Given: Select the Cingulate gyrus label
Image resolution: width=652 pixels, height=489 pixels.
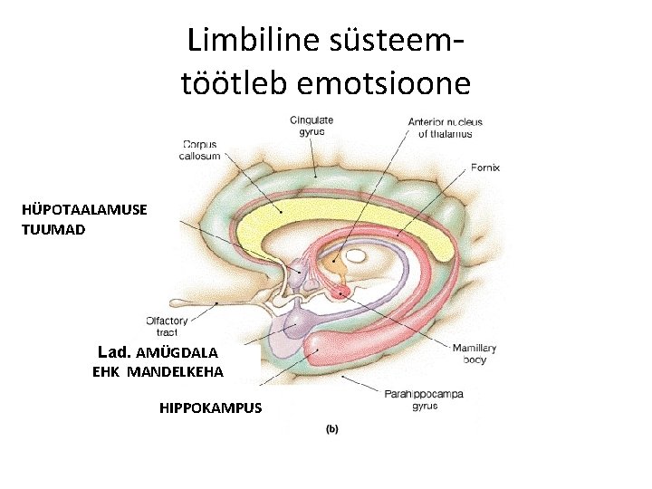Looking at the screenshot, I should [x=312, y=126].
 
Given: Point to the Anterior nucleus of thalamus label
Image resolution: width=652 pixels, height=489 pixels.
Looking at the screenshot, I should [x=445, y=128].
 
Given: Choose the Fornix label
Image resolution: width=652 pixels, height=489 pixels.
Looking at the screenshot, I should [x=485, y=167].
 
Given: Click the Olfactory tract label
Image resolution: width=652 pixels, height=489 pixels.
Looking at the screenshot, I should [x=167, y=326].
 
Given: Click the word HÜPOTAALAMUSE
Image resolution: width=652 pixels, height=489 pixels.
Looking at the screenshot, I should [x=84, y=209].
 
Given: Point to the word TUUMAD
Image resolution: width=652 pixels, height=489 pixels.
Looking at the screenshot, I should [x=53, y=229].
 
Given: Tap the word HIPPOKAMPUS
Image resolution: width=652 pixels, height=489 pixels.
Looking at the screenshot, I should [x=210, y=407].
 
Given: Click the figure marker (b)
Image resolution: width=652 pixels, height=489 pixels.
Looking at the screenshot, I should [x=331, y=429].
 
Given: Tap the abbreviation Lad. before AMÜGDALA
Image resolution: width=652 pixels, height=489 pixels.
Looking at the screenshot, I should [x=116, y=350].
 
